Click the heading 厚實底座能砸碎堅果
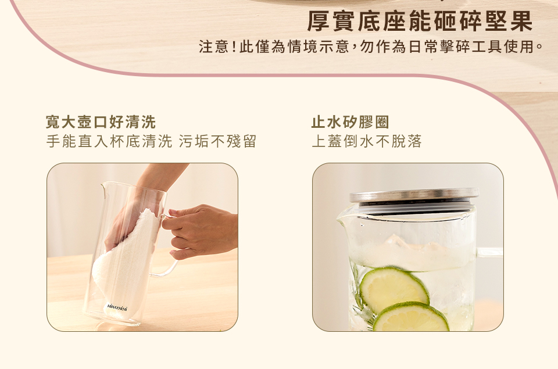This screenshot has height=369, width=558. pyautogui.click(x=420, y=22)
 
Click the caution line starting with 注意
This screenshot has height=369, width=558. pyautogui.click(x=371, y=46)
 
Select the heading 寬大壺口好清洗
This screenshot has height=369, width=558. pyautogui.click(x=101, y=122)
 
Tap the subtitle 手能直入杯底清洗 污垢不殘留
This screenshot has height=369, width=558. pyautogui.click(x=151, y=141)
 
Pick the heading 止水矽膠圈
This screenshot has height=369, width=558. pyautogui.click(x=350, y=122)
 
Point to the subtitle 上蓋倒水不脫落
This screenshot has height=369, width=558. pyautogui.click(x=367, y=141)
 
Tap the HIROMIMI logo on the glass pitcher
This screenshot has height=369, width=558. pyautogui.click(x=117, y=307)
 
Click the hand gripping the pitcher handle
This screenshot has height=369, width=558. pyautogui.click(x=200, y=231)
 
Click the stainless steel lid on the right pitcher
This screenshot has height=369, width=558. pyautogui.click(x=414, y=195)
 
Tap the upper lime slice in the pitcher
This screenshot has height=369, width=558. pyautogui.click(x=394, y=289)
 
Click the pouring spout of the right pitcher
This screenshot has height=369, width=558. pyautogui.click(x=343, y=217)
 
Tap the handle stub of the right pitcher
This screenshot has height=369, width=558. pyautogui.click(x=489, y=252)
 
